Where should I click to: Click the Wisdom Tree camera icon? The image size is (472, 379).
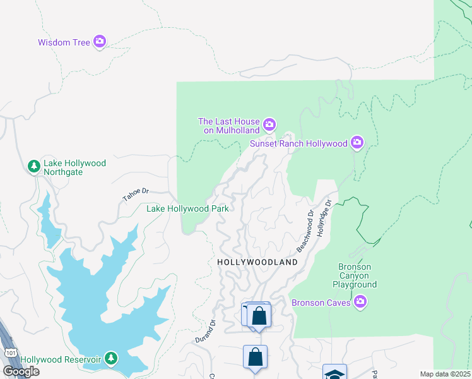point(100,42)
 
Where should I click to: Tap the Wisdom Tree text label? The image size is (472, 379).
point(64,43)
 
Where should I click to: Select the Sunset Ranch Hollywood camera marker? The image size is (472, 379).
point(358,143)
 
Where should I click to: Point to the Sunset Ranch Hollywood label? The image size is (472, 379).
point(298,143)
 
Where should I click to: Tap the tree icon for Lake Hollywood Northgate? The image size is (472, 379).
point(33,167)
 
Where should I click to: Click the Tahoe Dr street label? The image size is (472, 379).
point(136,195)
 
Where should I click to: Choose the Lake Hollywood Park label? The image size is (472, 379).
point(187,208)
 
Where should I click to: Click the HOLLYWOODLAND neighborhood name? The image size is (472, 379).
point(257,262)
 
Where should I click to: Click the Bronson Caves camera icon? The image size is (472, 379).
point(360,302)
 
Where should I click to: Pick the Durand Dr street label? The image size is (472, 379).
point(204,332)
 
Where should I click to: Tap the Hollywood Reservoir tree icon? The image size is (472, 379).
point(111,359)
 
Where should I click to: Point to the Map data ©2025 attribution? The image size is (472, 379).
point(445,374)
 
